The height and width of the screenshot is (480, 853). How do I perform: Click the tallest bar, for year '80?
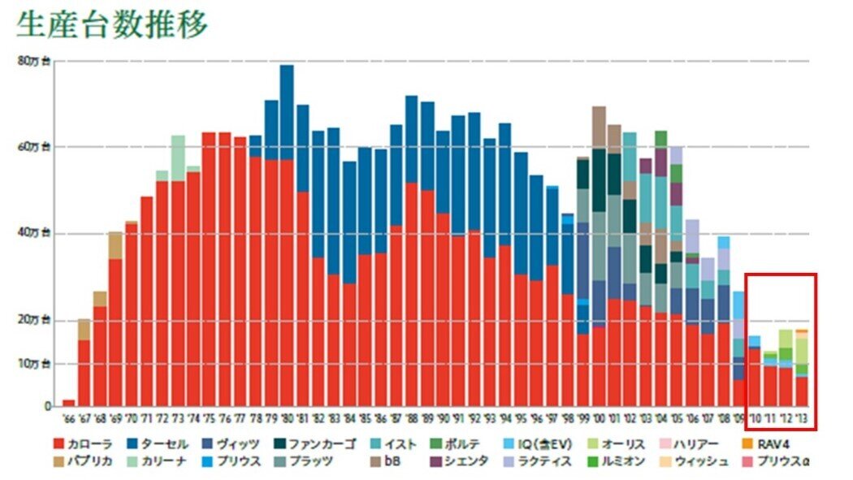click(286, 114)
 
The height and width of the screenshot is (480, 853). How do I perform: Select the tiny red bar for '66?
click(68, 403)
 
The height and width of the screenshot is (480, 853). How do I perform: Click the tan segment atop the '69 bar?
click(115, 245)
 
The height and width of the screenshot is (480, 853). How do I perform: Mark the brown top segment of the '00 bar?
click(599, 127)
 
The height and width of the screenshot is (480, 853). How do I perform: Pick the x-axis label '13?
click(801, 419)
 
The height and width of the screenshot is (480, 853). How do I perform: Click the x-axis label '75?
click(209, 419)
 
